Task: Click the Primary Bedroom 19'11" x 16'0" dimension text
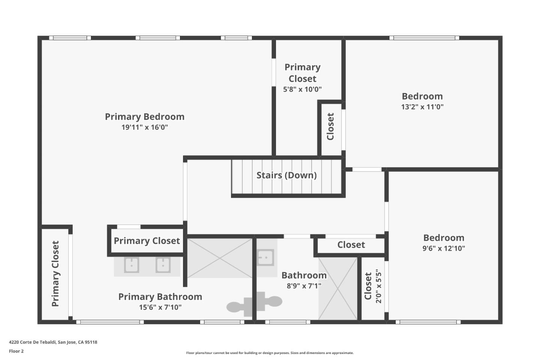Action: pyautogui.click(x=144, y=127)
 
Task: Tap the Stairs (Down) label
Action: pyautogui.click(x=286, y=175)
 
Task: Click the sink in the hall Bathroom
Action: pyautogui.click(x=265, y=258)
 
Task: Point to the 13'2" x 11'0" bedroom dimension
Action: pyautogui.click(x=422, y=107)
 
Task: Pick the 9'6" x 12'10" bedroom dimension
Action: pyautogui.click(x=444, y=248)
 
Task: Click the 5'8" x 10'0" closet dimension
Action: pyautogui.click(x=302, y=89)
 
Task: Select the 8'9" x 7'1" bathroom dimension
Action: pyautogui.click(x=304, y=286)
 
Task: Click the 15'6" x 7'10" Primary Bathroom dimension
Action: pyautogui.click(x=160, y=307)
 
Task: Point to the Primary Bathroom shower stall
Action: pyautogui.click(x=220, y=258)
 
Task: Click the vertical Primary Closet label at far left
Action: pyautogui.click(x=55, y=273)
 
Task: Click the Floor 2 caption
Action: pyautogui.click(x=16, y=351)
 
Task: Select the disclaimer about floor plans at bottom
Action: pyautogui.click(x=270, y=353)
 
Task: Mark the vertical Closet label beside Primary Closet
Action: pyautogui.click(x=330, y=127)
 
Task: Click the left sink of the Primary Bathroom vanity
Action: pyautogui.click(x=132, y=265)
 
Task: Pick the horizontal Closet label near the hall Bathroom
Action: pyautogui.click(x=351, y=245)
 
